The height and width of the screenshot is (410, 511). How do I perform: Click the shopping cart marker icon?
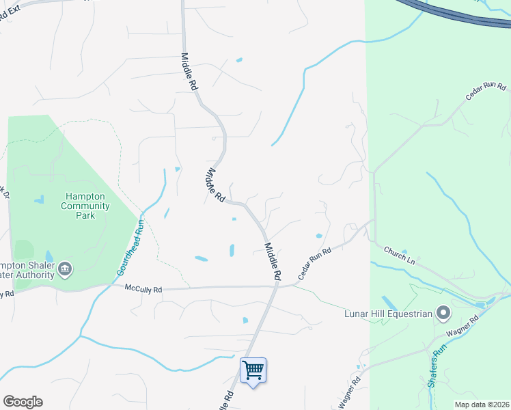(253, 370)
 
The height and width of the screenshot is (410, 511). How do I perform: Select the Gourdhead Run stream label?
(132, 246)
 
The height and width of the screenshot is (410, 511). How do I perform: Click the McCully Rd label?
(143, 290)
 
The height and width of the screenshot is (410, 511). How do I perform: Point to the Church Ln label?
(400, 255)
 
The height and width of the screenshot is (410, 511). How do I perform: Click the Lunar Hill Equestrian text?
(389, 314)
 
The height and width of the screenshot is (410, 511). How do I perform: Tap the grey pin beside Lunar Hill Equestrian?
(443, 314)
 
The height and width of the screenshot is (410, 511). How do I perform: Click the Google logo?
(23, 402)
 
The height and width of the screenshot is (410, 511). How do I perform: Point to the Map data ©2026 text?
(482, 405)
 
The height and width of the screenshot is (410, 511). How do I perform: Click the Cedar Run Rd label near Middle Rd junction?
(315, 263)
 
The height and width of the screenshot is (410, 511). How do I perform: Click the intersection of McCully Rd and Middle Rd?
(276, 287)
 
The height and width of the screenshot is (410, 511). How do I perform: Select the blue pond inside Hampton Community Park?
(38, 200)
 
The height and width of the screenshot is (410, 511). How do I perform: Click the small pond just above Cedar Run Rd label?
(319, 236)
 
